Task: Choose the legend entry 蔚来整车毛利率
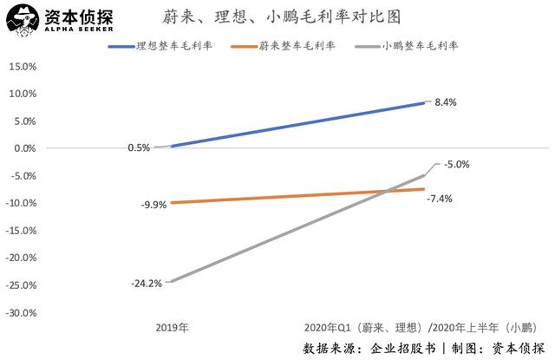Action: pyautogui.click(x=303, y=45)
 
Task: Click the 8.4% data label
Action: pyautogui.click(x=445, y=102)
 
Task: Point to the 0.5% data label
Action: pyautogui.click(x=139, y=148)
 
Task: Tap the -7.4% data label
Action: pyautogui.click(x=440, y=199)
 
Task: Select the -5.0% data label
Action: pyautogui.click(x=456, y=163)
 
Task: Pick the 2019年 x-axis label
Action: pyautogui.click(x=173, y=330)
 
